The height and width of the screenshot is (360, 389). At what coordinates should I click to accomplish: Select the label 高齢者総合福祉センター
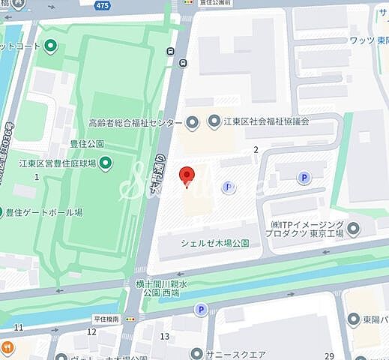pyautogui.click(x=135, y=121)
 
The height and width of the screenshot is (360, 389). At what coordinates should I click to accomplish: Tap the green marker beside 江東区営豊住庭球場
pyautogui.click(x=106, y=162)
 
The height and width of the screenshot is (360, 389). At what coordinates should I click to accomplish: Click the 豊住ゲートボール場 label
pyautogui.click(x=44, y=212)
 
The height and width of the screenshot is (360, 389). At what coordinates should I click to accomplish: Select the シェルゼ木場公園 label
pyautogui.click(x=215, y=242)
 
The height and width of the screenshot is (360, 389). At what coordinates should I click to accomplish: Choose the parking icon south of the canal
pyautogui.click(x=200, y=308)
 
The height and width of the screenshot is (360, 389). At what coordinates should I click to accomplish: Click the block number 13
pyautogui.click(x=166, y=335)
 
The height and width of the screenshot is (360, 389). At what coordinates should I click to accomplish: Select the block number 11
pyautogui.click(x=19, y=327)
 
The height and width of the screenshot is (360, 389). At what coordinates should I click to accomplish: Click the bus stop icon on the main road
pyautogui.click(x=172, y=51)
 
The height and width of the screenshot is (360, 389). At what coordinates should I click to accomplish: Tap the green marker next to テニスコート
pyautogui.click(x=50, y=46)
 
